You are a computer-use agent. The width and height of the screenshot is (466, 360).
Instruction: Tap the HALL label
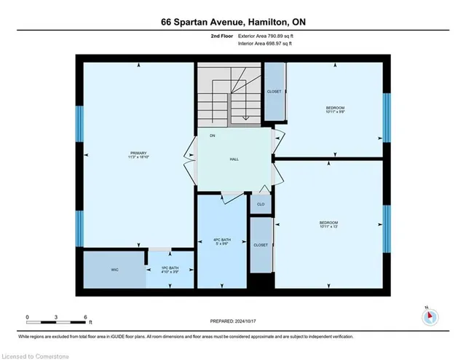tap(234, 158)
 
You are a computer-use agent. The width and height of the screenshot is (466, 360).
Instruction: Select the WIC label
tap(115, 270)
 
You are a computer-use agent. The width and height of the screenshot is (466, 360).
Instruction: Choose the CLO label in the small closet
tap(260, 205)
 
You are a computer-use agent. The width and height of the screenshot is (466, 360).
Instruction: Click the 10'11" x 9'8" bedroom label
tap(334, 108)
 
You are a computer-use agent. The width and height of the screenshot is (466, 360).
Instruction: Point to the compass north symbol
tap(430, 316)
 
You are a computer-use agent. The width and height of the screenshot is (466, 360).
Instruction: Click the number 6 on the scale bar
tap(86, 317)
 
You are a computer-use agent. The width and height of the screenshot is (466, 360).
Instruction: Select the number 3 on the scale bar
tap(56, 317)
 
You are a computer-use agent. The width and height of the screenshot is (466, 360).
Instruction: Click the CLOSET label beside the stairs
tap(274, 91)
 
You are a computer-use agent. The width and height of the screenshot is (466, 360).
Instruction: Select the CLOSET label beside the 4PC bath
tap(260, 246)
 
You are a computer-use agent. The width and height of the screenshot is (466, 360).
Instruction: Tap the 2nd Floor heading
tap(220, 35)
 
